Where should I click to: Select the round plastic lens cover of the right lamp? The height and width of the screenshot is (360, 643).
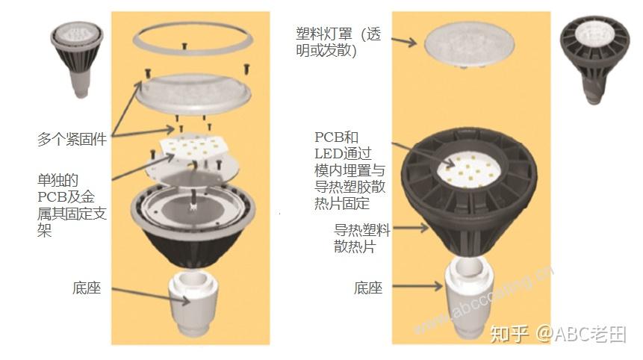[x=464, y=43]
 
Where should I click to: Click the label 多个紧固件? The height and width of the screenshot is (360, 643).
[x=72, y=139]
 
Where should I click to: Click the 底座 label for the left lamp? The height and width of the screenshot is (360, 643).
[x=87, y=288]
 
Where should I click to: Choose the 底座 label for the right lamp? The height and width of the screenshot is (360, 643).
[x=367, y=288]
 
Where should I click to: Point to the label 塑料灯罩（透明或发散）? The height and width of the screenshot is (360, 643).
[x=338, y=43]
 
